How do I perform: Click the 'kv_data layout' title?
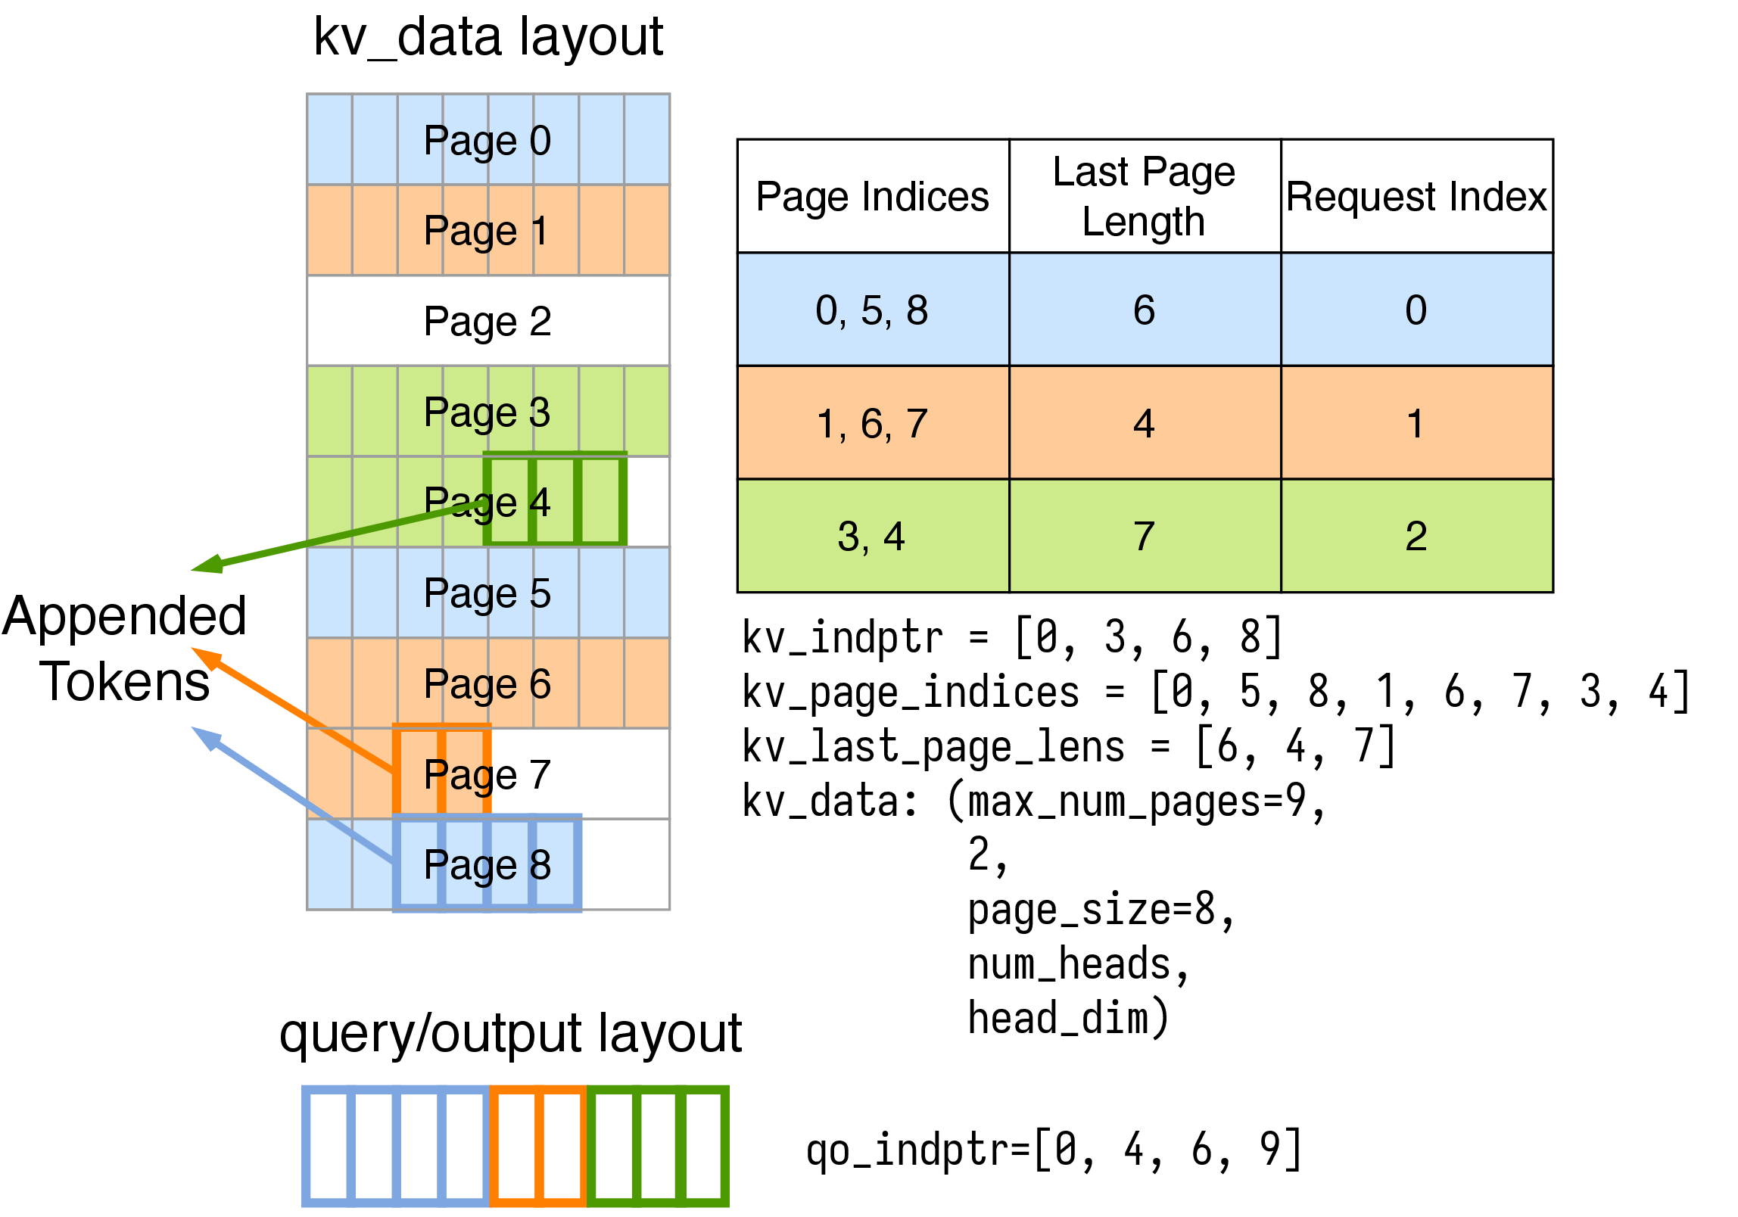tap(488, 38)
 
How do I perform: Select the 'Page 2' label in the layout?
tap(487, 321)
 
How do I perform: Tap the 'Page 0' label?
tap(487, 141)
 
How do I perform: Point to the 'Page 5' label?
tap(487, 593)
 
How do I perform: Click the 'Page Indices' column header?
tap(873, 197)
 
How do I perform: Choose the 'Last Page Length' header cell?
tap(1144, 196)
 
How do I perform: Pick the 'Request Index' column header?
tap(1416, 197)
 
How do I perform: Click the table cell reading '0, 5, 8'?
tap(872, 310)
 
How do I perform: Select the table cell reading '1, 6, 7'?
tap(872, 424)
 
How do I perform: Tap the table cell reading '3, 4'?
tap(872, 537)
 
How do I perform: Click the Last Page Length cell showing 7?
tap(1144, 537)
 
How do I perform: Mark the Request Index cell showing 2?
tap(1416, 537)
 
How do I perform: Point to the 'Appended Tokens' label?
tap(125, 649)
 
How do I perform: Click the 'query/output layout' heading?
tap(511, 1034)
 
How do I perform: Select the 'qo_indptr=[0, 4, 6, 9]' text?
tap(1054, 1150)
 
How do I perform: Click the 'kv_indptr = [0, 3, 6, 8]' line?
tap(1012, 637)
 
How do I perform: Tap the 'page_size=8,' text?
tap(1101, 910)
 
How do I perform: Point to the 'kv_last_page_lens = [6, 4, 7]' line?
tap(1069, 746)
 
